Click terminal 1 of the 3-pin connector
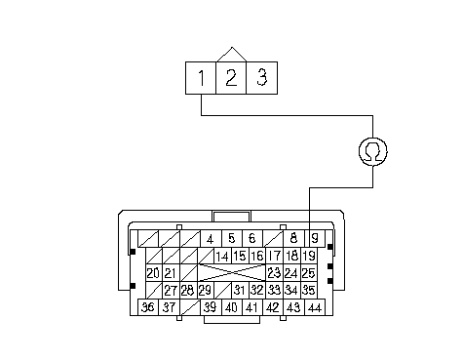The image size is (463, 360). point(201,78)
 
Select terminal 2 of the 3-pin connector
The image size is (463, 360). point(231,78)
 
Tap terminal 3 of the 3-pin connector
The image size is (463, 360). point(262,78)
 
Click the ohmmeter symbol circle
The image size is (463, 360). point(373,151)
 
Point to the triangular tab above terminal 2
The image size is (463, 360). point(231,55)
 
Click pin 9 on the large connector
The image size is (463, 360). point(315,238)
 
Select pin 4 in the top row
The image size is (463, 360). point(211,238)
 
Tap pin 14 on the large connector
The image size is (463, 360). point(222,256)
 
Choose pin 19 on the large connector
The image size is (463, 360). point(309,256)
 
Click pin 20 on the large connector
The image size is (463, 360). point(154,273)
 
